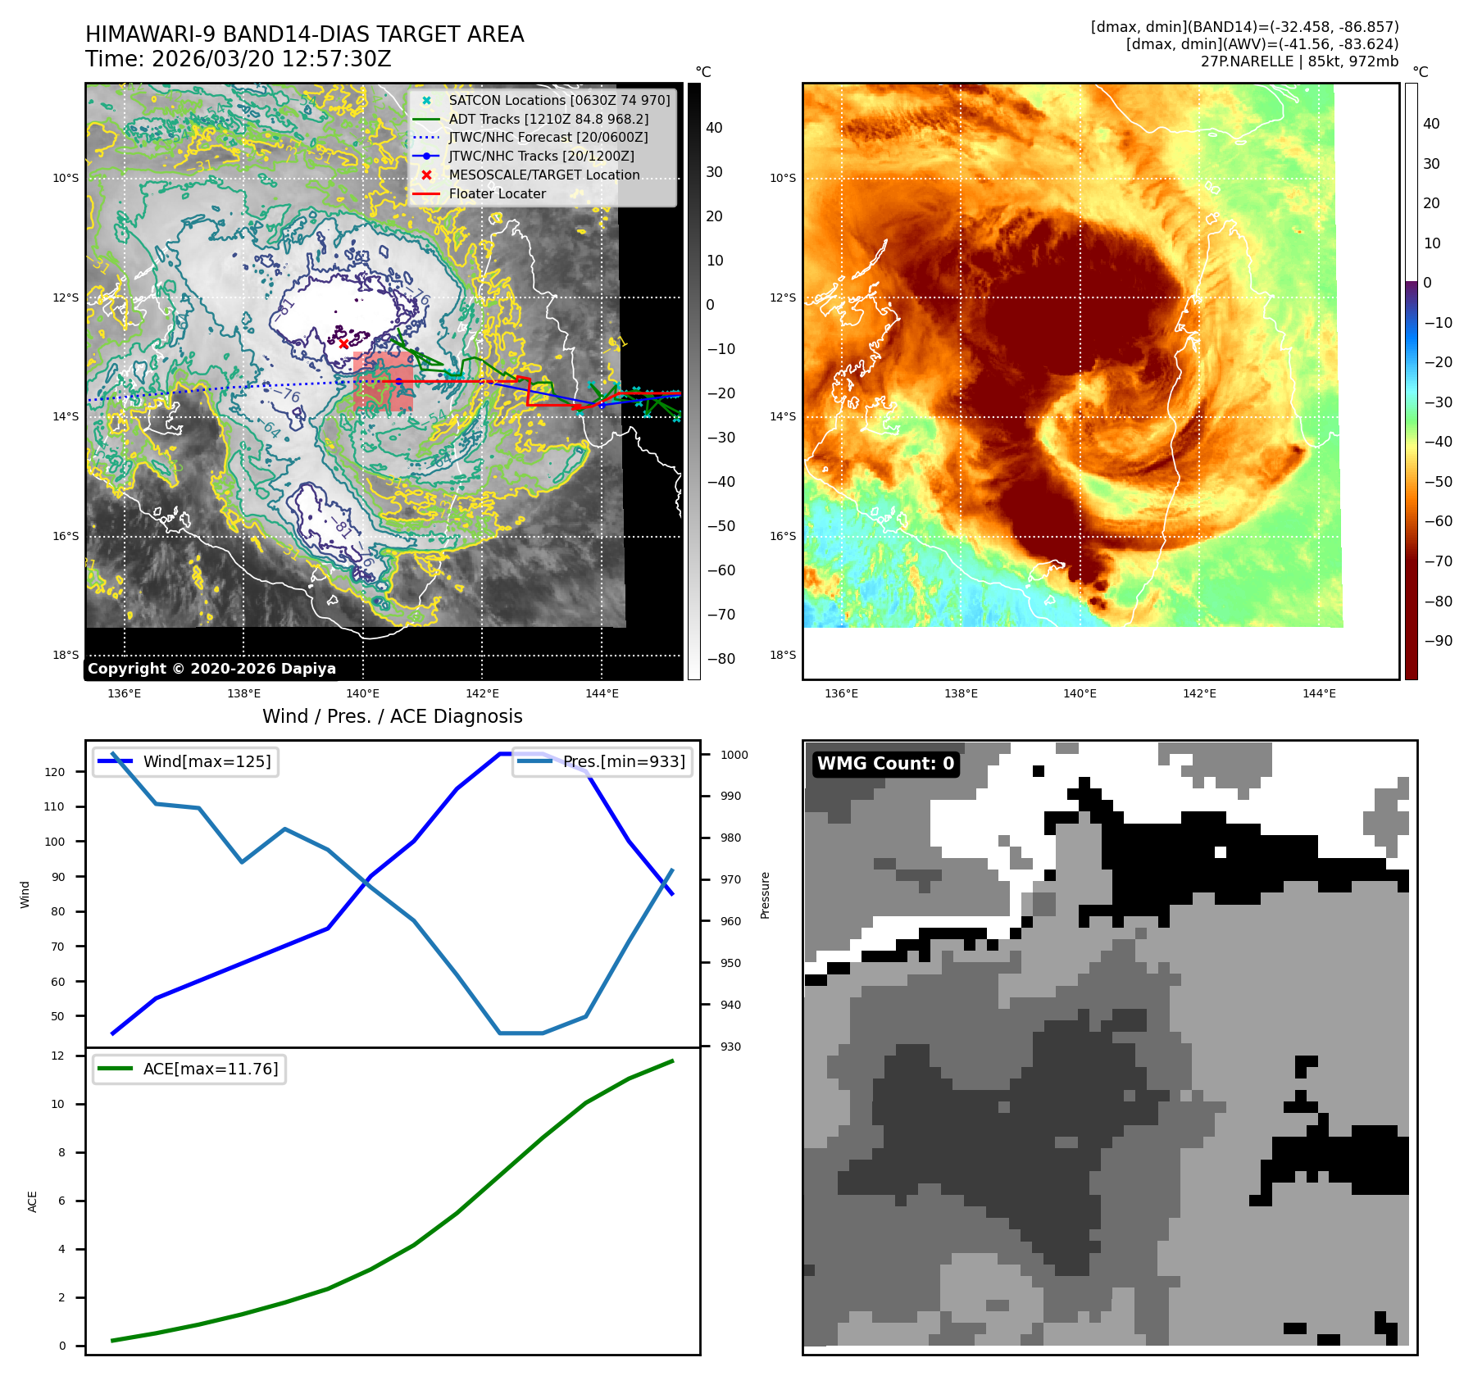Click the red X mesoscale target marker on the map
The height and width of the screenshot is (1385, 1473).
point(343,343)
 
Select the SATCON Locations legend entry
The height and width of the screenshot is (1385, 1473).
point(559,100)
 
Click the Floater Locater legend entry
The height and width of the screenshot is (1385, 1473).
point(497,193)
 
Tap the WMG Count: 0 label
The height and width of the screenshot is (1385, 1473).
point(885,764)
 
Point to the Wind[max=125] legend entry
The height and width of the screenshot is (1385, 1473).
point(207,761)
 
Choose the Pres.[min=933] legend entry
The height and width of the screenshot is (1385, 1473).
point(624,761)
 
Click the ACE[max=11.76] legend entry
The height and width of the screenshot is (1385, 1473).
point(211,1069)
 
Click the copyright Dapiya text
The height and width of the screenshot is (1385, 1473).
point(211,669)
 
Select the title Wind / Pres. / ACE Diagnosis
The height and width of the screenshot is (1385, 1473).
point(392,716)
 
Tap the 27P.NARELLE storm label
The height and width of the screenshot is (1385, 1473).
point(1299,61)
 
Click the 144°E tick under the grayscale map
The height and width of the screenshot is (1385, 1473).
point(602,694)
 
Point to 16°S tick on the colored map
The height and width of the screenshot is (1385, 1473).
point(783,536)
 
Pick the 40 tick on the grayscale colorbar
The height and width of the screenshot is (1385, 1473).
point(714,128)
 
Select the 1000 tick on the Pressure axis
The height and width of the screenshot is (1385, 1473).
point(734,755)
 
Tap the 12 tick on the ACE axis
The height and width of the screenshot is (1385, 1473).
point(57,1056)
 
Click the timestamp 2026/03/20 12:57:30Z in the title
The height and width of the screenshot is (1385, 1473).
point(271,60)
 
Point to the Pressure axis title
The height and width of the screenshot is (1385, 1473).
point(765,895)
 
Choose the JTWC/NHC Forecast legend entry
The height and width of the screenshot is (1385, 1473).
point(548,138)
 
